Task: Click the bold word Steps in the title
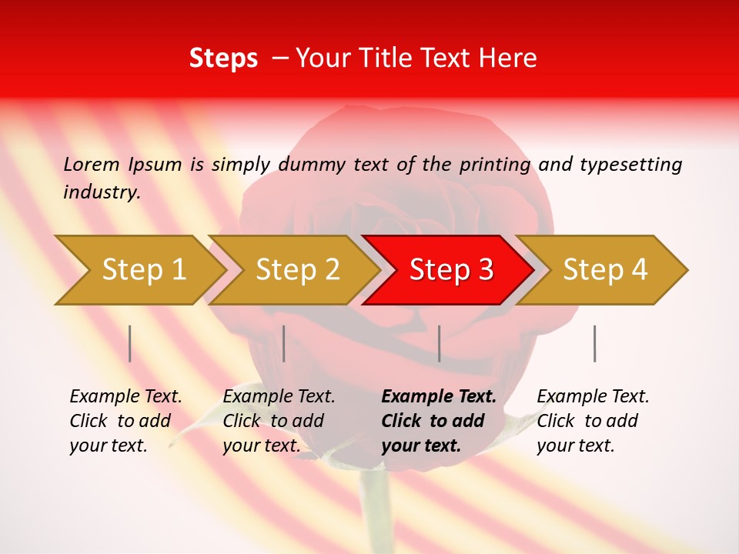[223, 58]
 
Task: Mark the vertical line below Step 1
[130, 343]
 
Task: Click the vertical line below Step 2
[284, 343]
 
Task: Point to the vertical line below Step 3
[439, 343]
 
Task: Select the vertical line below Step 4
[594, 343]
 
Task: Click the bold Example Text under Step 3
[439, 397]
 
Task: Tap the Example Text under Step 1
[125, 397]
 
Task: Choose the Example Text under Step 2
[279, 397]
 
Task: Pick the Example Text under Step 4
[593, 397]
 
